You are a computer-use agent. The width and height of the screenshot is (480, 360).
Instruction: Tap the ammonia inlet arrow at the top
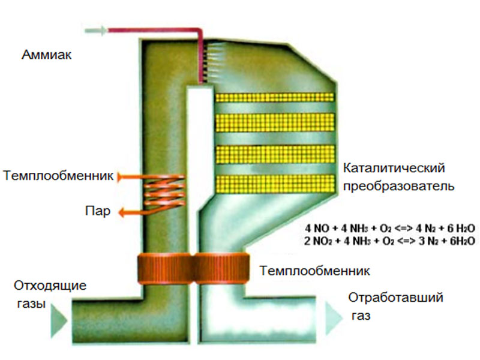pyautogui.click(x=97, y=29)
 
